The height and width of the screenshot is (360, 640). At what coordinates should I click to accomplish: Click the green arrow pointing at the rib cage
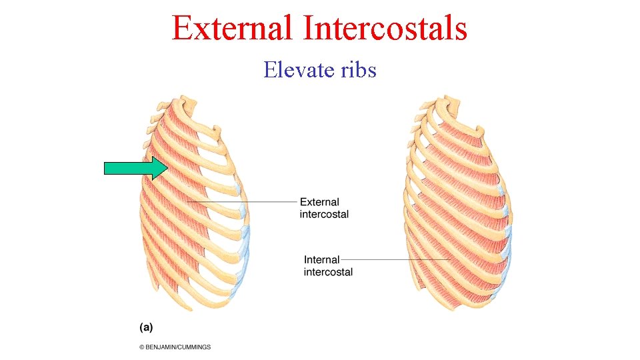pos(137,168)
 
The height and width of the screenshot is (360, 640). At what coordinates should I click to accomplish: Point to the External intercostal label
pos(323,208)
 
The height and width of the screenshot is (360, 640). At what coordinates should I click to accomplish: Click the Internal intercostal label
pos(327,265)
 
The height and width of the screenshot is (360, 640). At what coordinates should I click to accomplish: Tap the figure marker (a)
pos(146,327)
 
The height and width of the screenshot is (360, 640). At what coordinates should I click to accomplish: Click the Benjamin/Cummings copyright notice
pos(175,347)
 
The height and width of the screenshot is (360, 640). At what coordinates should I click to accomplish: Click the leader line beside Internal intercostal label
pos(393,259)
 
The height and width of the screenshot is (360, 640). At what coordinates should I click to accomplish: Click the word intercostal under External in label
pos(324,215)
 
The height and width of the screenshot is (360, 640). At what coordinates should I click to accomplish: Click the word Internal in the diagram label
pos(321,259)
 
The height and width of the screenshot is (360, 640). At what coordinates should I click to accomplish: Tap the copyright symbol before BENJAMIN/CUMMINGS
pos(142,347)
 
